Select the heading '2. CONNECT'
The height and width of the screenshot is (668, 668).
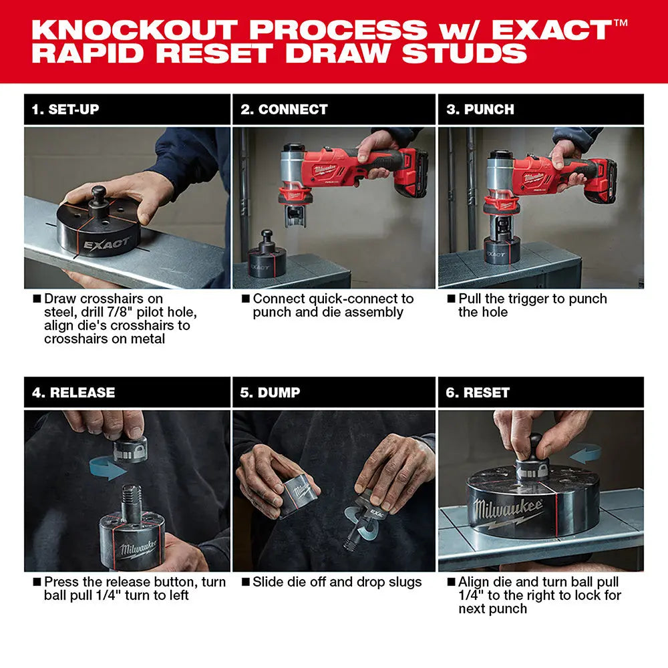point(284,110)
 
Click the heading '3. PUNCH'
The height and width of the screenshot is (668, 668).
point(480,110)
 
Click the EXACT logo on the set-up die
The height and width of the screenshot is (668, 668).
point(107,242)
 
